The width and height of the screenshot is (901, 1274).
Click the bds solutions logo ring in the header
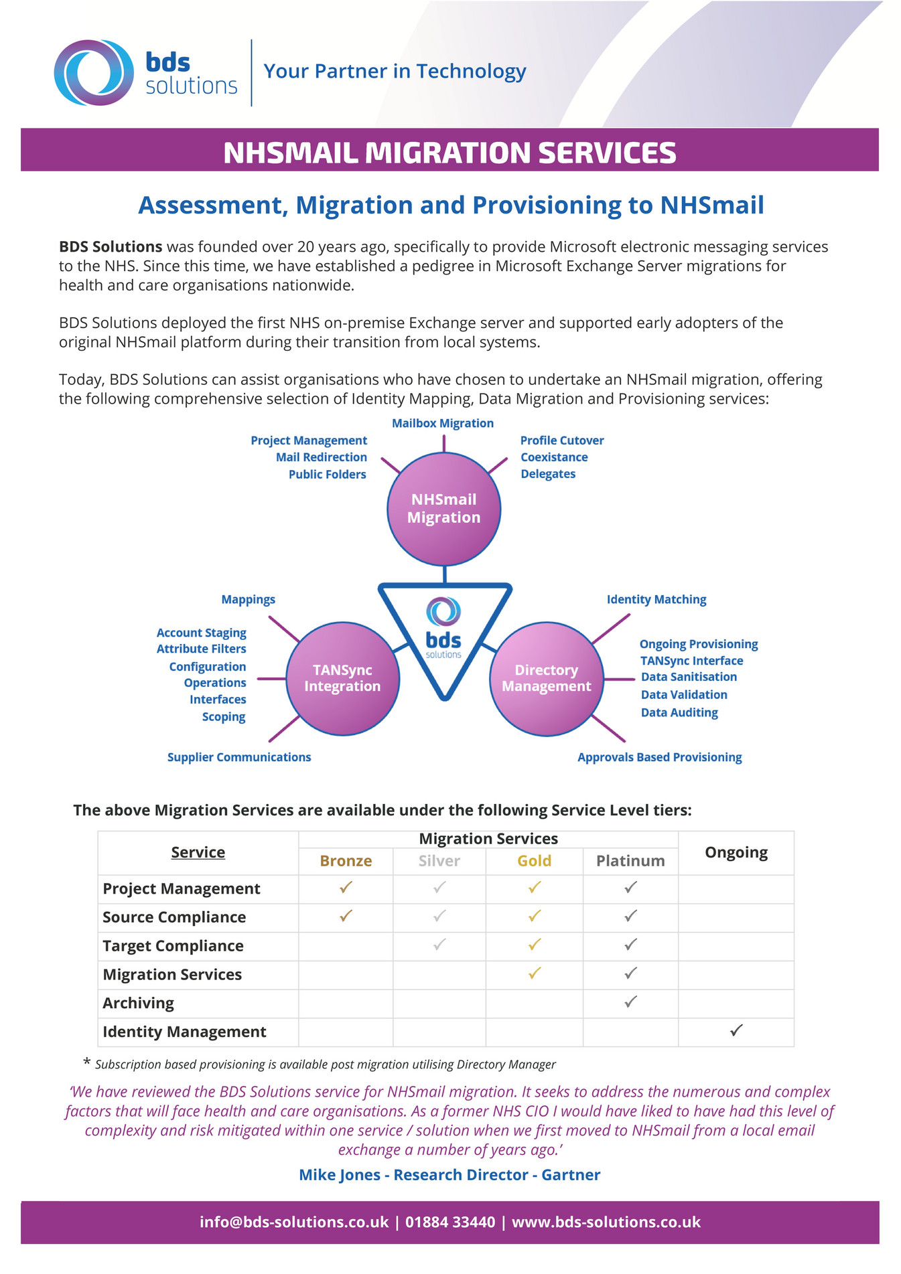pyautogui.click(x=94, y=72)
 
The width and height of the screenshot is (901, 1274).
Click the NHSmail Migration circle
pyautogui.click(x=443, y=509)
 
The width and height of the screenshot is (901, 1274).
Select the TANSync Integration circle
pyautogui.click(x=342, y=678)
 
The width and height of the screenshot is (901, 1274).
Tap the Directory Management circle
pyautogui.click(x=546, y=678)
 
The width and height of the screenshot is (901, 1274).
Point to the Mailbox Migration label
pyautogui.click(x=442, y=423)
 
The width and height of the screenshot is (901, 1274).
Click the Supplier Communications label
pyautogui.click(x=239, y=757)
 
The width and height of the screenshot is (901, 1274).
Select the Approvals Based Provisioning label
pyautogui.click(x=659, y=757)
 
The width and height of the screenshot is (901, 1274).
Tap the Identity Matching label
pyautogui.click(x=656, y=599)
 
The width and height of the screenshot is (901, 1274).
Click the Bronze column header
pyautogui.click(x=346, y=861)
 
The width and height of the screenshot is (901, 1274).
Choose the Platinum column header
pyautogui.click(x=630, y=861)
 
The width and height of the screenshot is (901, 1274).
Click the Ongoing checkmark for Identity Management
pyautogui.click(x=736, y=1030)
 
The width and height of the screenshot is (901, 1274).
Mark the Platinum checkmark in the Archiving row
pyautogui.click(x=630, y=1002)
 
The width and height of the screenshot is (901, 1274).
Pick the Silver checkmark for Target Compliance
pyautogui.click(x=439, y=945)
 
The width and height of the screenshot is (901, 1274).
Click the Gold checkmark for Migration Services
pyautogui.click(x=534, y=973)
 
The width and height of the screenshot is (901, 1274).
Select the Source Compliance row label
pyautogui.click(x=174, y=917)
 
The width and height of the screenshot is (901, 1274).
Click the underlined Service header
pyautogui.click(x=198, y=852)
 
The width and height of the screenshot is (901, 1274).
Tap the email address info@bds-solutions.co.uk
pyautogui.click(x=294, y=1222)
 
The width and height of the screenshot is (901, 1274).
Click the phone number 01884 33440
pyautogui.click(x=450, y=1222)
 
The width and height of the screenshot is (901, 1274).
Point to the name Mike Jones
pyautogui.click(x=340, y=1174)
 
